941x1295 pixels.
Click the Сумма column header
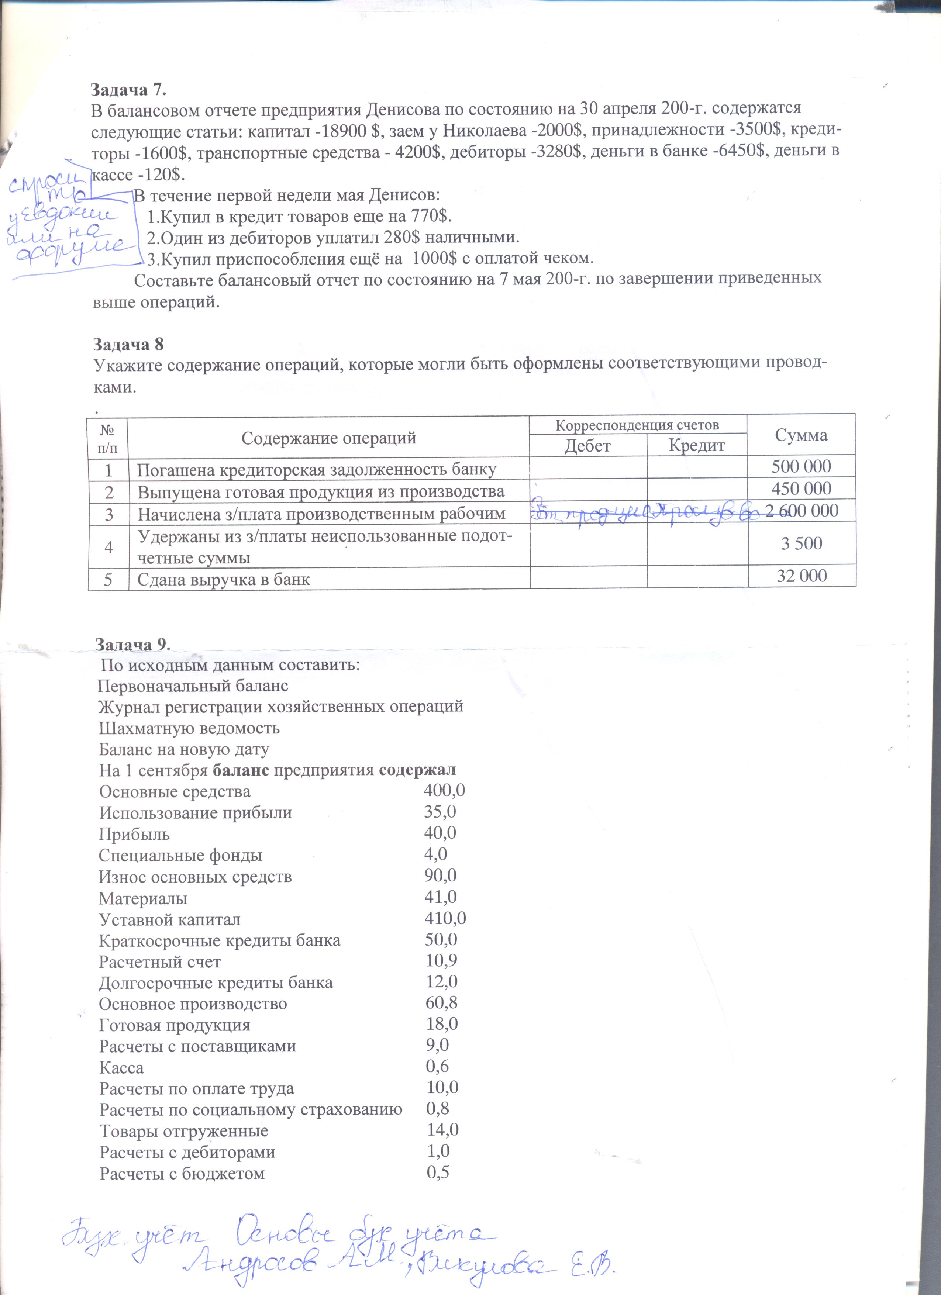pos(801,435)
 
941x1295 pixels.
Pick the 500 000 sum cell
pos(801,466)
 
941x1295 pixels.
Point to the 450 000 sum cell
pos(801,489)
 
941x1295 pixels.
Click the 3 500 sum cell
pos(802,543)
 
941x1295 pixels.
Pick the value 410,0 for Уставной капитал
pos(445,918)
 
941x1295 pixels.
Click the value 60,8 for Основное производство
pos(441,1003)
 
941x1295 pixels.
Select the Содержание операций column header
pos(328,438)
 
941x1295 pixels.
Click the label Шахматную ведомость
pos(189,728)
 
